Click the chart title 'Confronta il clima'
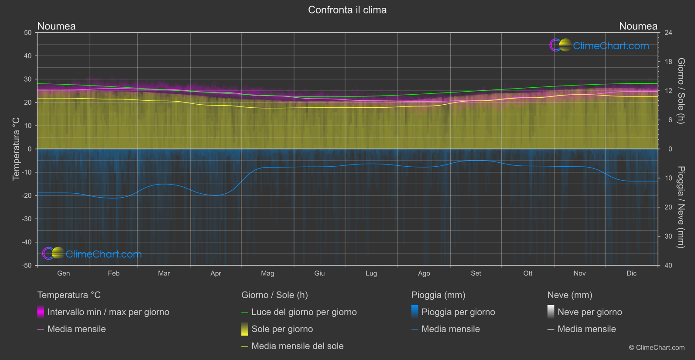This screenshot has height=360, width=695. pyautogui.click(x=347, y=10)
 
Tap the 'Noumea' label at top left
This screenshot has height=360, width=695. pyautogui.click(x=56, y=26)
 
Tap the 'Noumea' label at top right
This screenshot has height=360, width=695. pyautogui.click(x=638, y=26)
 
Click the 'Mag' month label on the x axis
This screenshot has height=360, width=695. pyautogui.click(x=267, y=273)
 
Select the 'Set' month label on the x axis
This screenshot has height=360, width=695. pyautogui.click(x=476, y=273)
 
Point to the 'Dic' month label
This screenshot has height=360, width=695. pyautogui.click(x=631, y=273)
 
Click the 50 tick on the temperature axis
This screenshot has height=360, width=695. pyautogui.click(x=28, y=33)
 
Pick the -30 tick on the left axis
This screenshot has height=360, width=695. pyautogui.click(x=27, y=219)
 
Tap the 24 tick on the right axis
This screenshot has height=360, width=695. pyautogui.click(x=668, y=33)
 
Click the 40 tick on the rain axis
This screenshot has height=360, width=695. pyautogui.click(x=668, y=265)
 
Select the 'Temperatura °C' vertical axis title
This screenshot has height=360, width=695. pyautogui.click(x=16, y=149)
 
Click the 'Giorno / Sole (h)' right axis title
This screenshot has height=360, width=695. pyautogui.click(x=681, y=91)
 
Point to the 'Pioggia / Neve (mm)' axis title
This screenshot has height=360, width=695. pyautogui.click(x=681, y=207)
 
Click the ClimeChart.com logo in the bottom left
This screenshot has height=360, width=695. pyautogui.click(x=92, y=254)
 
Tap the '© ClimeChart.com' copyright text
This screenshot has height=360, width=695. pyautogui.click(x=657, y=348)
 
